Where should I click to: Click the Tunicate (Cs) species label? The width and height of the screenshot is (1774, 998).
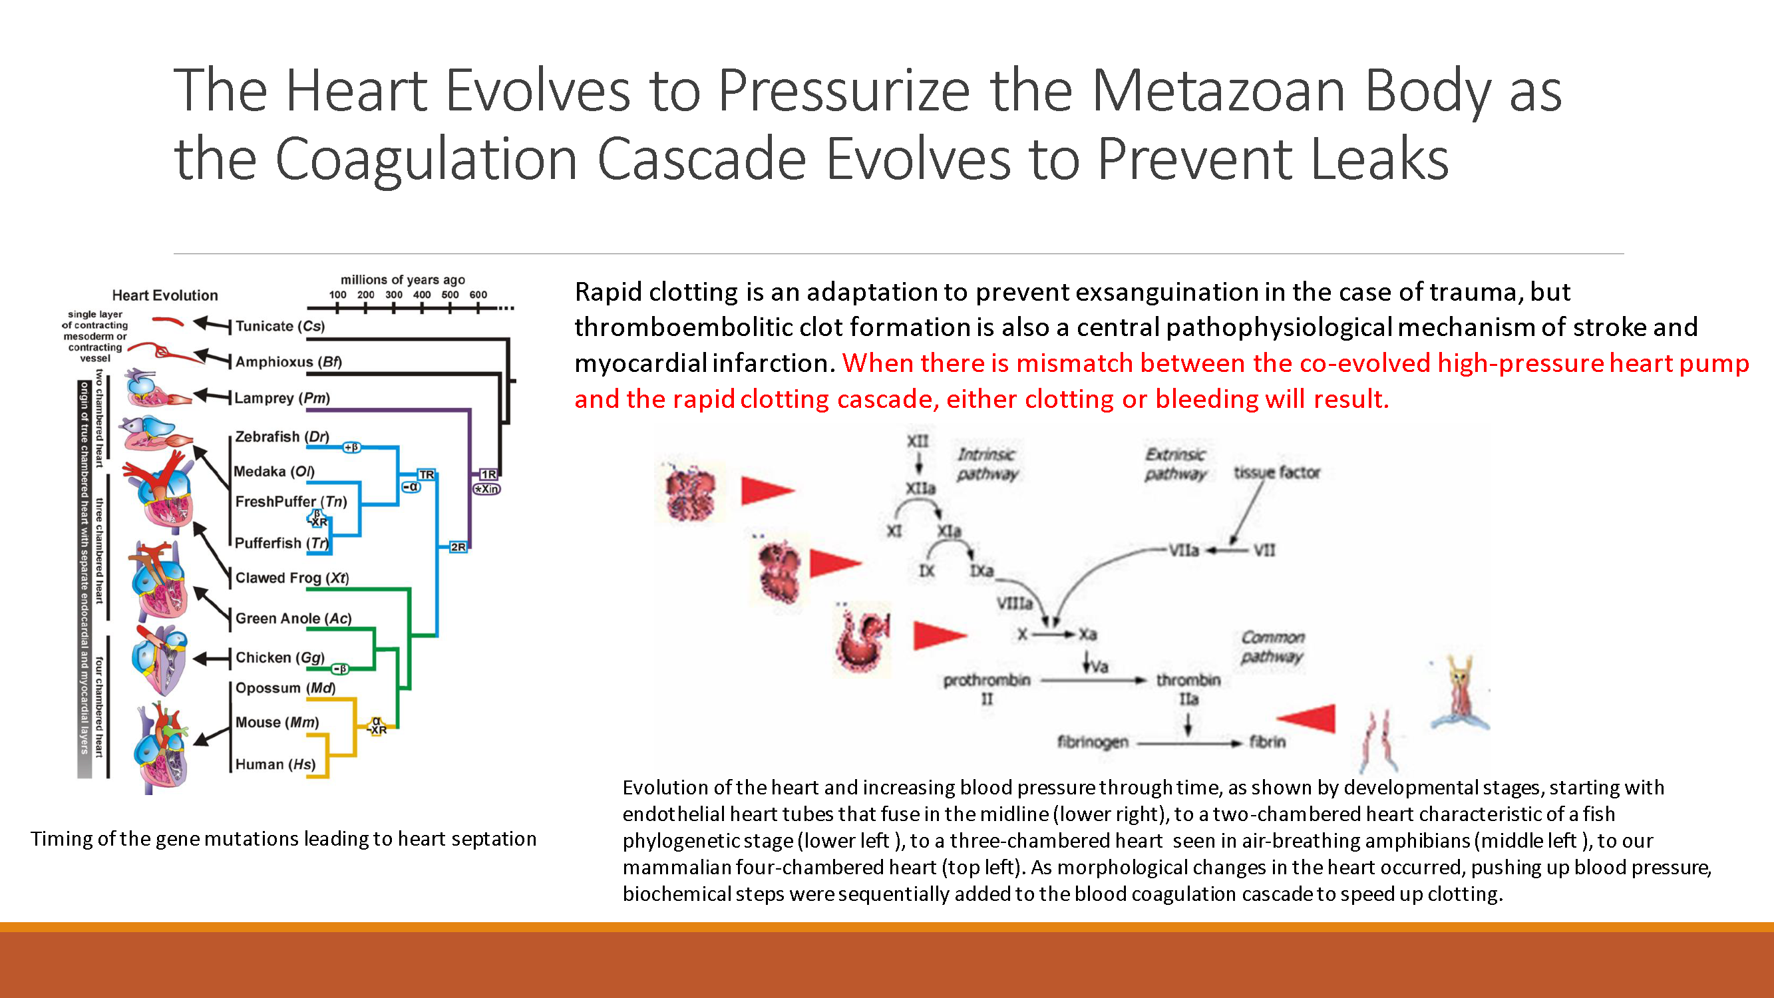(279, 327)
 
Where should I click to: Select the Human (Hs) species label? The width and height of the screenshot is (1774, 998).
(275, 764)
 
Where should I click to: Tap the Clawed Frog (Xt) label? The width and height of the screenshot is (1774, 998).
(292, 579)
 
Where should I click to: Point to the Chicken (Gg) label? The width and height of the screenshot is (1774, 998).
(279, 658)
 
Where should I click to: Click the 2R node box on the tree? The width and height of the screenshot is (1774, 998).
(458, 548)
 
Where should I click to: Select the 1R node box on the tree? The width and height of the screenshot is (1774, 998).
(488, 474)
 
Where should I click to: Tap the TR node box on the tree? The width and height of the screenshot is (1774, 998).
(427, 475)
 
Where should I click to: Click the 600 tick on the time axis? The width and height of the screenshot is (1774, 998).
(478, 295)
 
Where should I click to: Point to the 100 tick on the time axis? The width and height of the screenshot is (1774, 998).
(337, 295)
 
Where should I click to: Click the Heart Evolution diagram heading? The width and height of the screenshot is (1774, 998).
(164, 295)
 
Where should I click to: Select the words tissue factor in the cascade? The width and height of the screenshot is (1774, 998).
(1276, 472)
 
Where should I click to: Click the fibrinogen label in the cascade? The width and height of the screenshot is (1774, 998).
(1092, 743)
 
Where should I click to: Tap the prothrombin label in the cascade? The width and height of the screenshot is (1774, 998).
(986, 681)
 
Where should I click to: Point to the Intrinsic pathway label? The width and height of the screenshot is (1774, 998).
(986, 464)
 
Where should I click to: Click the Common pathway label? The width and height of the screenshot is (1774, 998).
(1273, 647)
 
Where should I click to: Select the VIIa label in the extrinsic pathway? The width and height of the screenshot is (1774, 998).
(1183, 550)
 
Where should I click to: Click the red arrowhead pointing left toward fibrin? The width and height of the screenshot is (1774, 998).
(1310, 719)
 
